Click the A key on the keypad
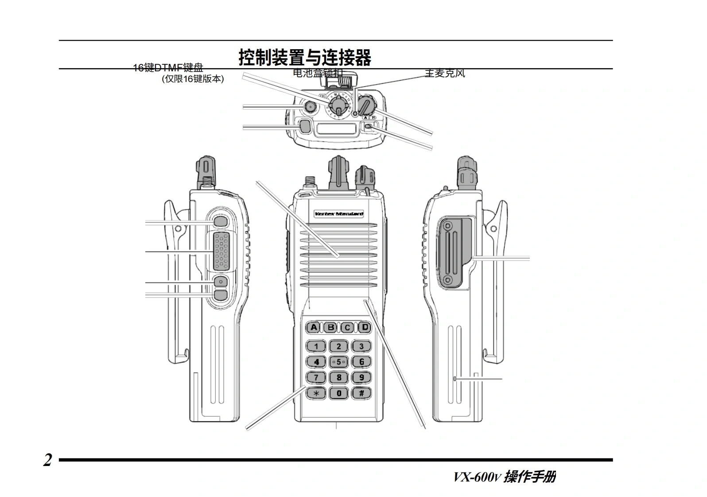pos(314,328)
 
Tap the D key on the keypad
pos(365,328)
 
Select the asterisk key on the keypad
pos(316,393)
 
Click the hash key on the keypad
pos(361,393)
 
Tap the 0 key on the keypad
pos(339,393)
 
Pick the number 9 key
pos(361,378)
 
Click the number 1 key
pos(316,346)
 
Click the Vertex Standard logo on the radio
pos(339,214)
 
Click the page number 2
pos(47,460)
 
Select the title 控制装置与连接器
pos(305,57)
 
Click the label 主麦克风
pos(445,73)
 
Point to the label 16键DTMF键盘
pos(168,68)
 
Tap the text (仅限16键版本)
pos(193,79)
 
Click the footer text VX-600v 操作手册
pos(504,477)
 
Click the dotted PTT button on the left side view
pos(221,252)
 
